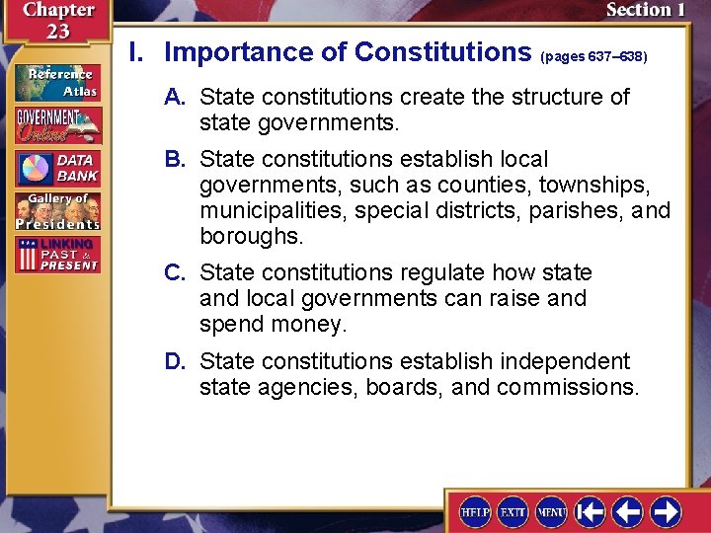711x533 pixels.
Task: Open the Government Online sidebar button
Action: click(57, 125)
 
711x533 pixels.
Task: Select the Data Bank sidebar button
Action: click(57, 168)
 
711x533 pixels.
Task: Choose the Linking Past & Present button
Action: click(57, 255)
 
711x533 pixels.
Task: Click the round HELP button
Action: click(475, 511)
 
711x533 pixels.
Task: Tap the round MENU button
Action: click(551, 511)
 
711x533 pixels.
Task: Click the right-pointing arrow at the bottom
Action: click(666, 511)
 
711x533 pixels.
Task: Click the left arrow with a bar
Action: click(591, 511)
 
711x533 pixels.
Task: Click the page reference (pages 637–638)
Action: click(593, 57)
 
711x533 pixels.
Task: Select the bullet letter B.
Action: click(176, 160)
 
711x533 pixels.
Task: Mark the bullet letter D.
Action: click(176, 361)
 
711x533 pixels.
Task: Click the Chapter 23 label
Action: click(56, 20)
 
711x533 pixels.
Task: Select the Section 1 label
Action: click(644, 11)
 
